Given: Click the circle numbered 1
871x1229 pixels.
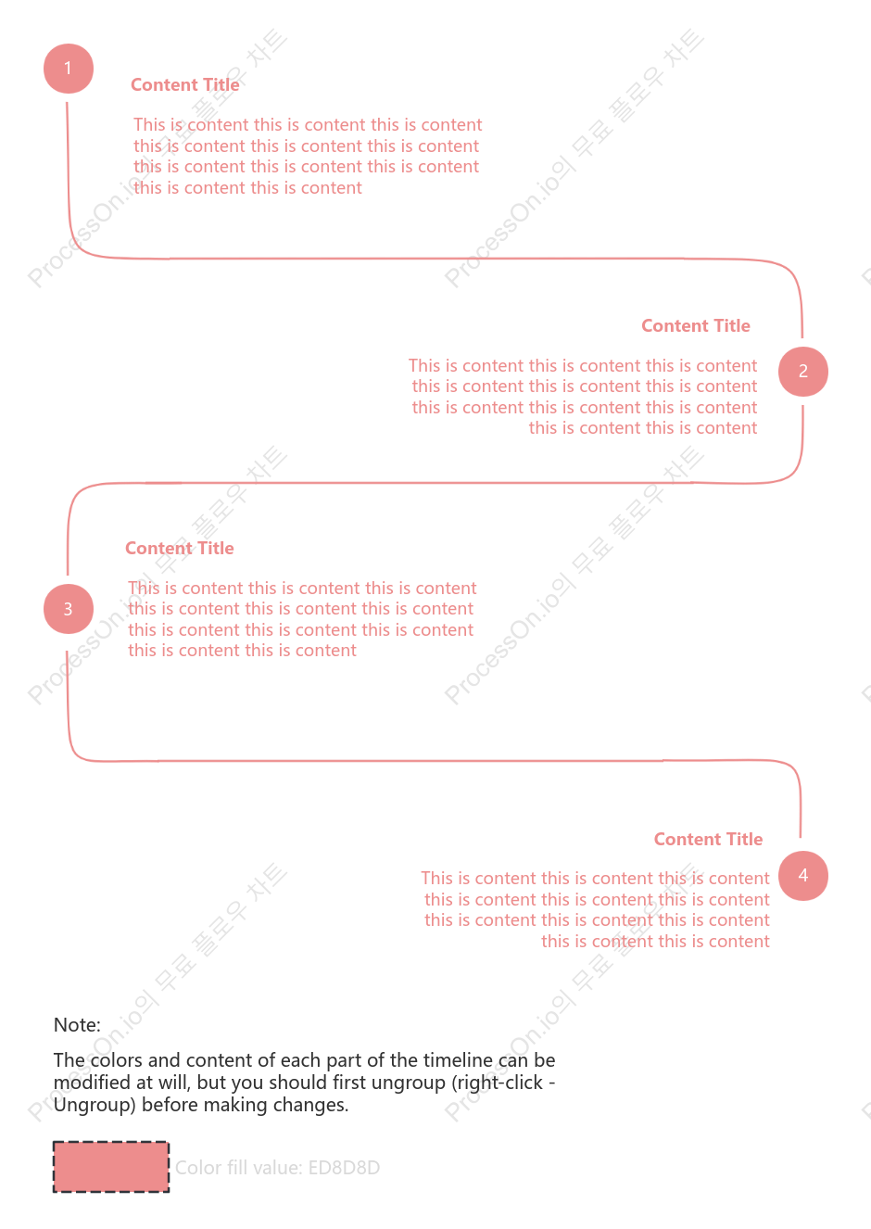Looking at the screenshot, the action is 69,69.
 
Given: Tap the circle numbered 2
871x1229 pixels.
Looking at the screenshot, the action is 803,372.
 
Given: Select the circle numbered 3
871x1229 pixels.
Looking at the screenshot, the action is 69,608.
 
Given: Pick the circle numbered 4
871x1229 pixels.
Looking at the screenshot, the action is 803,876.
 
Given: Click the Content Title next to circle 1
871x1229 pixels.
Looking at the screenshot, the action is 184,85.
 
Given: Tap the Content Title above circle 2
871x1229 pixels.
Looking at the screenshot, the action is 696,326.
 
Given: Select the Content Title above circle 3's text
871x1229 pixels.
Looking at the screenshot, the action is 180,548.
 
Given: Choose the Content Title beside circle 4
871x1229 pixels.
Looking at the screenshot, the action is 708,839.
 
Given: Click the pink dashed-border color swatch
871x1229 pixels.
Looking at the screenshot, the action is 111,1167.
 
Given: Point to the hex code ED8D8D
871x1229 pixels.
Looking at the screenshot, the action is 344,1168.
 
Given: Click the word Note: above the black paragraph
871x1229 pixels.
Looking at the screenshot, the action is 77,1025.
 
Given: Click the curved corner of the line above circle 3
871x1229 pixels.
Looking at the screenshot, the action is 76,493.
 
